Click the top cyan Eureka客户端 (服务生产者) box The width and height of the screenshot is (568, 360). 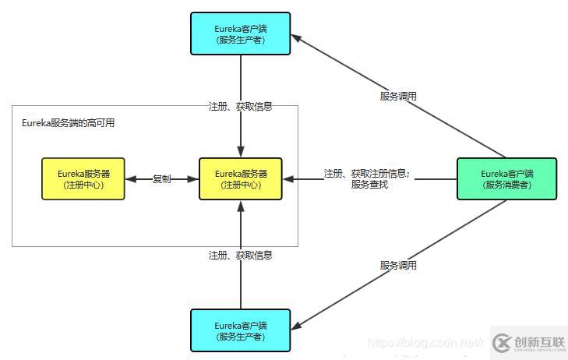point(241,34)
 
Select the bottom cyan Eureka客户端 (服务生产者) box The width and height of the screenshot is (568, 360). point(241,330)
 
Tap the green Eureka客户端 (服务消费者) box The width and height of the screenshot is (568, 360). point(506,179)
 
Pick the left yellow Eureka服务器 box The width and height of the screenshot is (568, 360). point(83,179)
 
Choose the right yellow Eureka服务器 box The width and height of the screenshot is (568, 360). point(241,179)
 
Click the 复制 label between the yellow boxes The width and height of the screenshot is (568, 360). point(162,179)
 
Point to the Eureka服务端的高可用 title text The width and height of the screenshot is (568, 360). point(68,123)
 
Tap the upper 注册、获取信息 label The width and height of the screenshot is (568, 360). point(241,107)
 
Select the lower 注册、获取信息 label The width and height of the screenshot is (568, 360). point(241,255)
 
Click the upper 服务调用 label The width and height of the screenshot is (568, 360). point(398,96)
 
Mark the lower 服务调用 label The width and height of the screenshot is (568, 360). point(398,265)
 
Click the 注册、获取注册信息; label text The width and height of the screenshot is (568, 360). point(366,173)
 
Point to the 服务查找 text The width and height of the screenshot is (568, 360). point(369,185)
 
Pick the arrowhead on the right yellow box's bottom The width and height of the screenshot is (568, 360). point(241,206)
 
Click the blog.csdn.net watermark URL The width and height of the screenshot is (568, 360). point(425,342)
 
